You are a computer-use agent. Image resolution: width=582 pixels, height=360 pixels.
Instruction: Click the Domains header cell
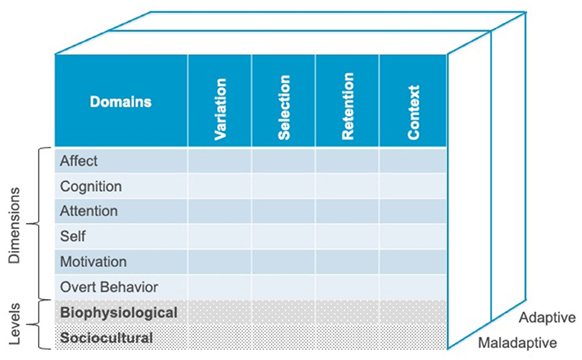(120, 101)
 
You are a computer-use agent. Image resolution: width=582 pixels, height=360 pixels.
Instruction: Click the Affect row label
(79, 161)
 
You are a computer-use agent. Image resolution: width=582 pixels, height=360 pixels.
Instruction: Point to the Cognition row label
(91, 186)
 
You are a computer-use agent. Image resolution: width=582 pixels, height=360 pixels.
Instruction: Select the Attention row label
(89, 212)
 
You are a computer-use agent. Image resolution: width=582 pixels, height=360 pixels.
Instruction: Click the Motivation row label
(94, 262)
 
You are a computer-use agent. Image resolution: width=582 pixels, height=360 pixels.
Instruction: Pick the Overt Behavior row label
(109, 287)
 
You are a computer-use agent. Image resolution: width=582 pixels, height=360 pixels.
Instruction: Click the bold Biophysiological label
(119, 312)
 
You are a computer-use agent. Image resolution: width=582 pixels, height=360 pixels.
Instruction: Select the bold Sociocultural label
(107, 337)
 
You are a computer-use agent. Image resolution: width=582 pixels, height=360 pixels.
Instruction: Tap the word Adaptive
(547, 317)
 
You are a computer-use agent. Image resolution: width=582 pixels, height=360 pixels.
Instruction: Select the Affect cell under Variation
(220, 161)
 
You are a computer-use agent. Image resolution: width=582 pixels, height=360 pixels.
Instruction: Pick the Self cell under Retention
(348, 237)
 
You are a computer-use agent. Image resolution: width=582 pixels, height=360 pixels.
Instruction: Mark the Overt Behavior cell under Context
(413, 287)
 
